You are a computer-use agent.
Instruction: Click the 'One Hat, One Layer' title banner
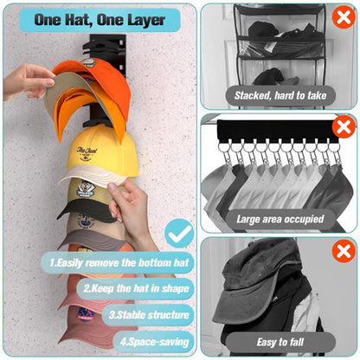96,19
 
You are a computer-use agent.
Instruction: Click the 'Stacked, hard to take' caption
274,96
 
